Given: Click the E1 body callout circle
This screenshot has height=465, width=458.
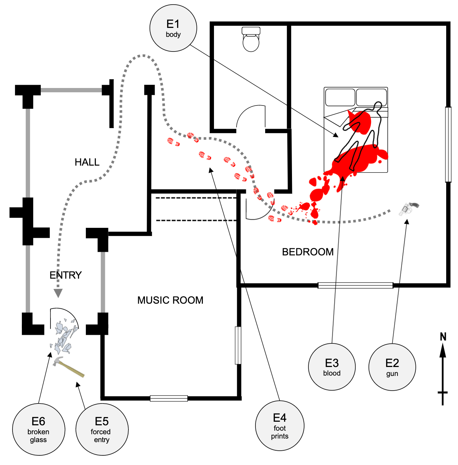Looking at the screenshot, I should coord(173,28).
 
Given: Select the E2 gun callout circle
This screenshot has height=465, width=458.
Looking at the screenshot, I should coord(392,367).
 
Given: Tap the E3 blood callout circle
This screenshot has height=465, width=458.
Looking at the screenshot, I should coord(332,367).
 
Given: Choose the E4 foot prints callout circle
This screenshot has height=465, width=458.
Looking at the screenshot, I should coord(280,426).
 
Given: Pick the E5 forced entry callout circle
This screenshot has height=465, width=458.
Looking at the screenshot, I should coord(102,429).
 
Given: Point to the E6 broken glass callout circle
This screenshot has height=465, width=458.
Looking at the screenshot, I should coord(39,429).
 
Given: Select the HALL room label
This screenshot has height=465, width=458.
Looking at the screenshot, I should coord(87,162).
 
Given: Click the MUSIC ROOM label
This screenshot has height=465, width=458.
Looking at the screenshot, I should coord(170,300).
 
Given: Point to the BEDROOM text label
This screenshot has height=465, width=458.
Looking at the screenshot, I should coord(308,252).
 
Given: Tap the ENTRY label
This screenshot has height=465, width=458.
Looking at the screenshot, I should coord(65,275).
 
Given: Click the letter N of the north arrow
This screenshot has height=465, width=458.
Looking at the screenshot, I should coord(443,337).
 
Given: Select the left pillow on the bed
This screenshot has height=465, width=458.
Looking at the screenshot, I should coord(340,97).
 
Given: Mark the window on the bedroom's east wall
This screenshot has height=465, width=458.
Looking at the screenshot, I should coord(448,145).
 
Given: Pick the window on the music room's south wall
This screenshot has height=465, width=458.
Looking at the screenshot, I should coord(169,398).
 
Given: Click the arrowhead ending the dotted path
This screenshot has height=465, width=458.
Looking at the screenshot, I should coord(58,293).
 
